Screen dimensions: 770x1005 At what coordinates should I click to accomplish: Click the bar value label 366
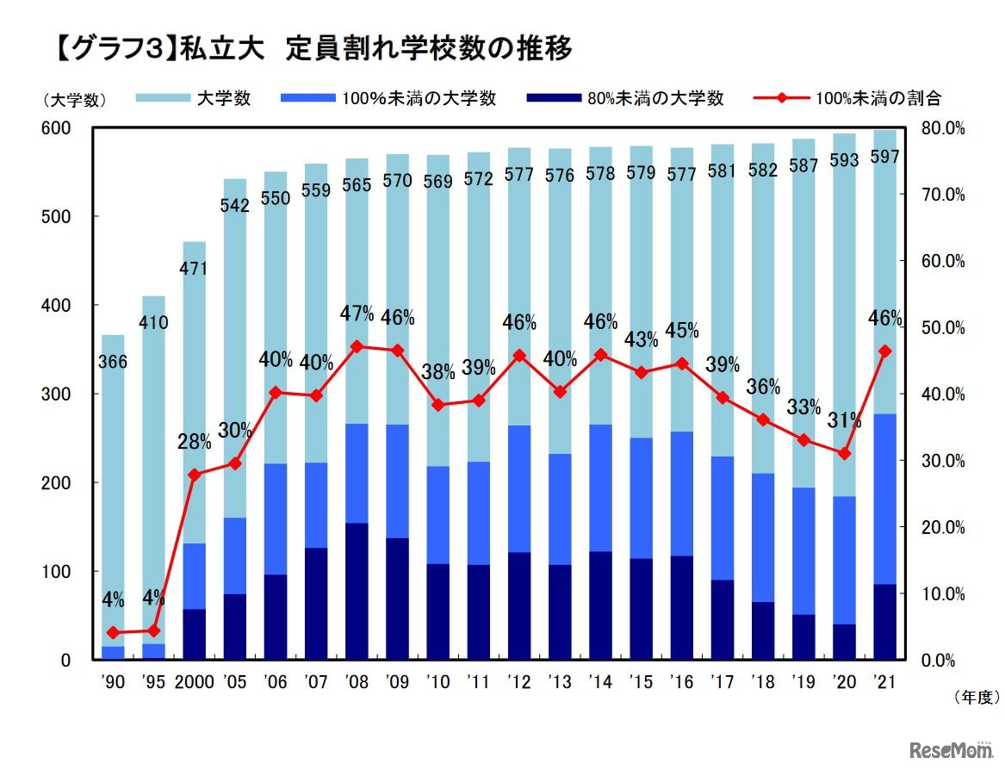click(113, 363)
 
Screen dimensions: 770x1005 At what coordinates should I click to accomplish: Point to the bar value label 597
click(884, 158)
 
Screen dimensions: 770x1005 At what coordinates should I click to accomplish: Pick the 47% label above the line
click(357, 314)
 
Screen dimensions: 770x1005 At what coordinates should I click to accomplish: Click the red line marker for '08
click(357, 346)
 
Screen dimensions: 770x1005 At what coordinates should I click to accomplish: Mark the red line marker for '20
click(844, 453)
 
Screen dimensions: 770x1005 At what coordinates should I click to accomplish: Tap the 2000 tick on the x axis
click(194, 682)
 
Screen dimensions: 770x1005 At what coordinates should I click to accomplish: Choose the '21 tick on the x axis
click(884, 682)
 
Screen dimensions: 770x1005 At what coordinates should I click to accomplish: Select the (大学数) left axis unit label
click(74, 100)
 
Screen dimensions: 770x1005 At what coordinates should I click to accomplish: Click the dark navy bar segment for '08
click(357, 592)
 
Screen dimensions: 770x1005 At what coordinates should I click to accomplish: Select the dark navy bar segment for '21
click(884, 622)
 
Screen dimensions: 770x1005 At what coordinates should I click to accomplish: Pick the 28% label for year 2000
click(194, 443)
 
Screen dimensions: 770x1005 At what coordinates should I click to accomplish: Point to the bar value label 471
click(194, 269)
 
